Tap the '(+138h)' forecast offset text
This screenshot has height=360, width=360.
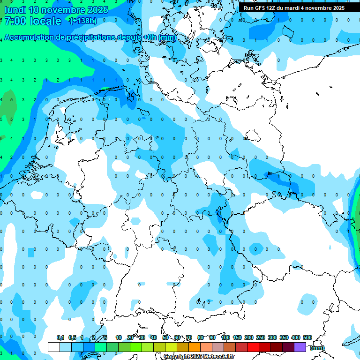(83, 21)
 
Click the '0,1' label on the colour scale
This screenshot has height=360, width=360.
(60, 337)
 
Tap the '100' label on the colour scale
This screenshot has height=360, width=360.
(225, 337)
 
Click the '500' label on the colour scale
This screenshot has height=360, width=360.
(307, 337)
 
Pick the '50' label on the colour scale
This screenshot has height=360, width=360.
(165, 337)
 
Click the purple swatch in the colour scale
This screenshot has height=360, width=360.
(300, 347)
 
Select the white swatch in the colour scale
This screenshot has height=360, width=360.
(54, 347)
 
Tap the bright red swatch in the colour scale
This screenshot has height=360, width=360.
(253, 347)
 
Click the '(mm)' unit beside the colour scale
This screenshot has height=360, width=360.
(317, 348)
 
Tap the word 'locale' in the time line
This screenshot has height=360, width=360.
(45, 21)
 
